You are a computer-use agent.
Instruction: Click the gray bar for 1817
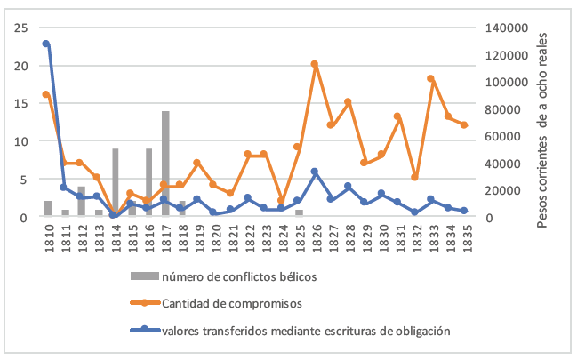[165, 164]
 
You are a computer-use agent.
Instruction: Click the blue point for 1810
[45, 44]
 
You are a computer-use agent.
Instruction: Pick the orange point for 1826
[315, 64]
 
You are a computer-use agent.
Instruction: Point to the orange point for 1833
[430, 78]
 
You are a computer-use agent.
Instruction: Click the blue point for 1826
[315, 172]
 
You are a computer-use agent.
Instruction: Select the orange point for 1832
[414, 177]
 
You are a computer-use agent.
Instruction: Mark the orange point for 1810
[45, 94]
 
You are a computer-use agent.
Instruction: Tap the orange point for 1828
[348, 102]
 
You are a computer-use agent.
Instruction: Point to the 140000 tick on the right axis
[503, 28]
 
